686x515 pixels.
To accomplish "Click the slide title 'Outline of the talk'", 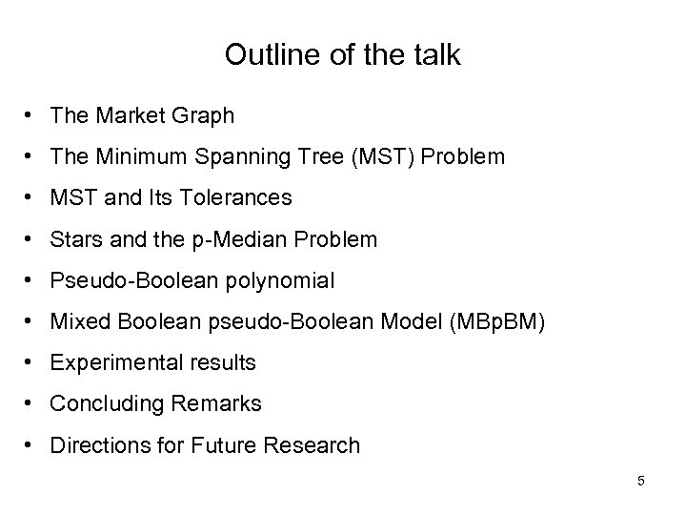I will pyautogui.click(x=343, y=55).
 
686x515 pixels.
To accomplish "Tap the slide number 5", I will pyautogui.click(x=641, y=481).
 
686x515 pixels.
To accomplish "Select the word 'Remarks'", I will pyautogui.click(x=218, y=404).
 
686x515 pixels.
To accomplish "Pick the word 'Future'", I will pyautogui.click(x=223, y=445).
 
